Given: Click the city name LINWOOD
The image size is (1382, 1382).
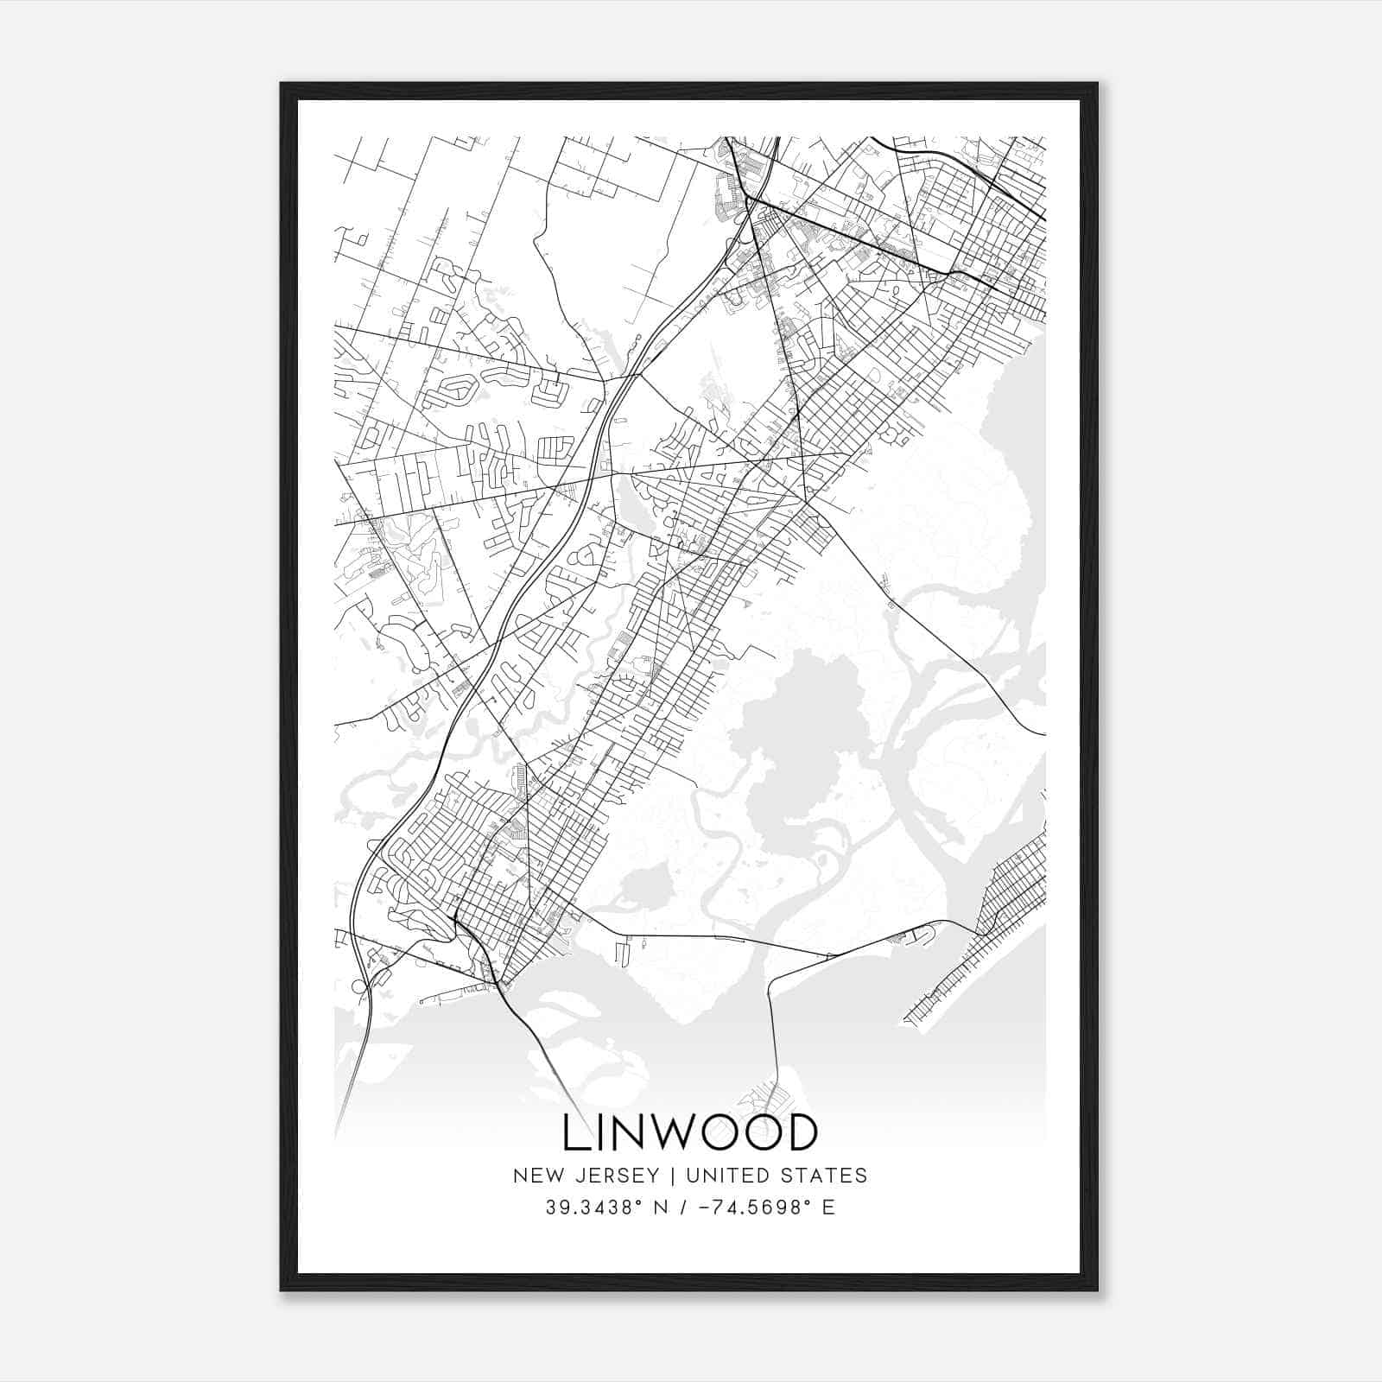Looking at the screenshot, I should coord(689,1133).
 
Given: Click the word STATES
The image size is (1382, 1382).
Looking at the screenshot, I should coord(826,1176).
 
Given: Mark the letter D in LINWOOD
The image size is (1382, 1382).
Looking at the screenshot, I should coord(801,1133).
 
